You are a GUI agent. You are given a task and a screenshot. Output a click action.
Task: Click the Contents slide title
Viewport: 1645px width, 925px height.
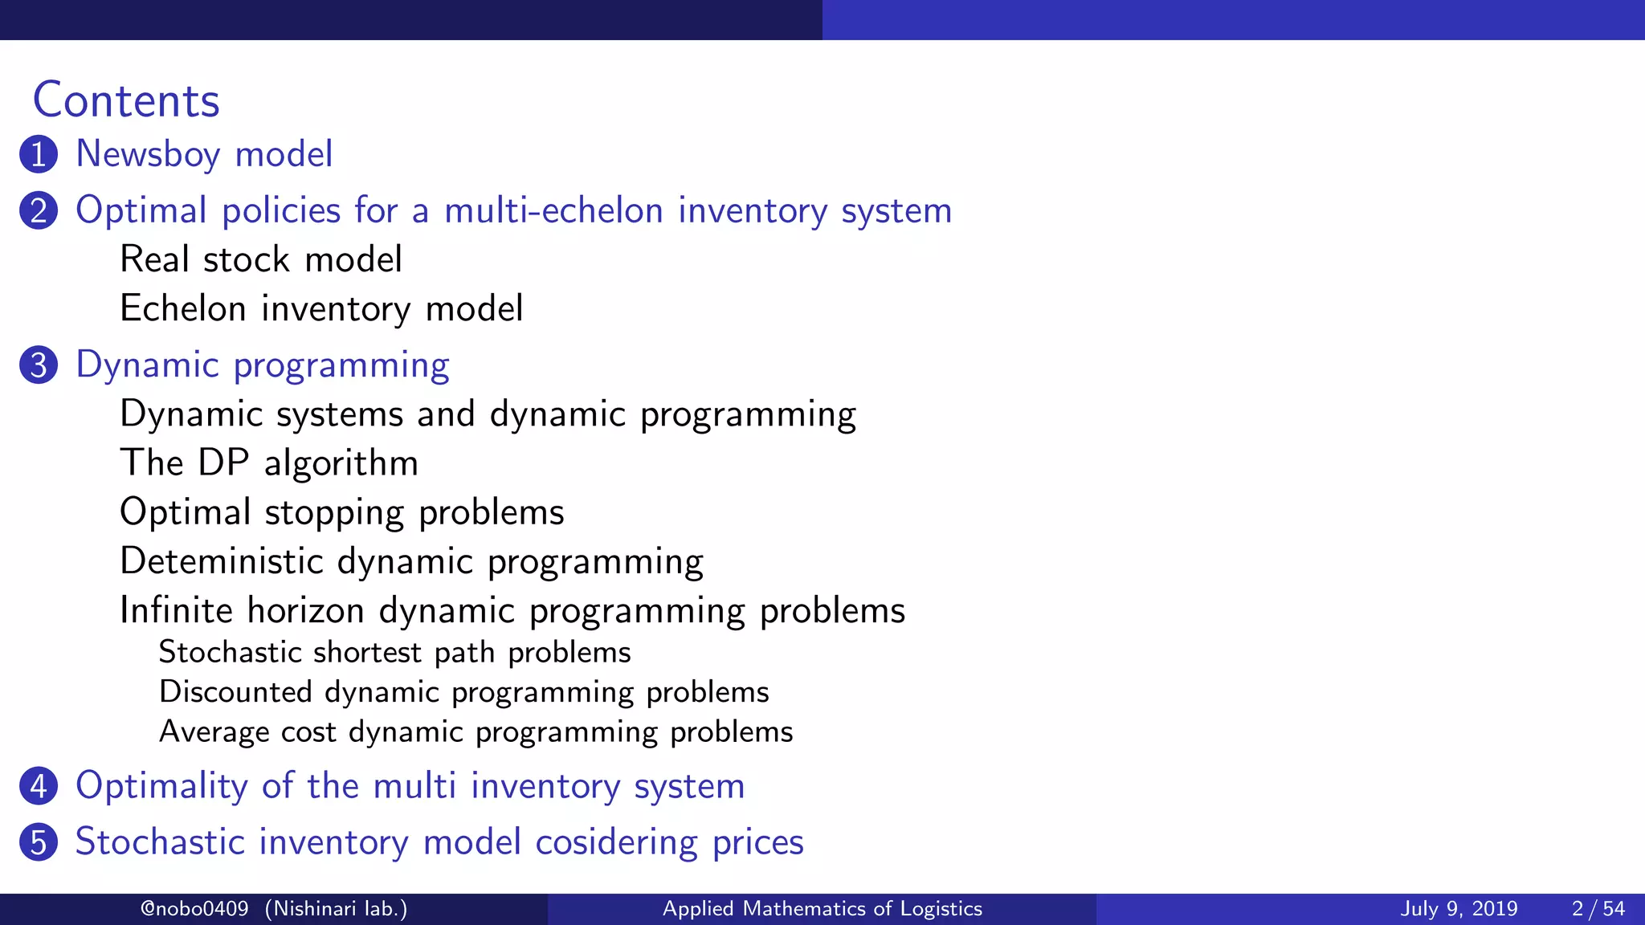(x=126, y=101)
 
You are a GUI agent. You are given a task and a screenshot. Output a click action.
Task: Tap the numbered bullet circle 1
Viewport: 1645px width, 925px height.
(x=39, y=154)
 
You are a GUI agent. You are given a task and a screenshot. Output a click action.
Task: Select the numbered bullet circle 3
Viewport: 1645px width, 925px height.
(x=39, y=365)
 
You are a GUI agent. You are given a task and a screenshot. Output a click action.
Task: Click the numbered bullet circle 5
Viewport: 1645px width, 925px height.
(x=39, y=842)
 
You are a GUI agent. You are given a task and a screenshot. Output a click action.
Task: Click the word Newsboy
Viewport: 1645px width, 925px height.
(x=148, y=154)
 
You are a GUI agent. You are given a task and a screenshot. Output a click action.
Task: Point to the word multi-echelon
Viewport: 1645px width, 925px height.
(x=554, y=210)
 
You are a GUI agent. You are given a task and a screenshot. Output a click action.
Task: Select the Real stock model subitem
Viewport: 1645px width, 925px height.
(x=261, y=259)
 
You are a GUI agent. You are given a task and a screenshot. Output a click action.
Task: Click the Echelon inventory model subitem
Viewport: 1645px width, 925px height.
(x=321, y=309)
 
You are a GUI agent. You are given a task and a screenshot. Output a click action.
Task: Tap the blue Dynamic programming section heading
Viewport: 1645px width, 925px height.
(x=263, y=365)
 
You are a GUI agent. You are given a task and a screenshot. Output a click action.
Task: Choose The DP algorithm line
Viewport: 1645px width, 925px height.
(x=269, y=463)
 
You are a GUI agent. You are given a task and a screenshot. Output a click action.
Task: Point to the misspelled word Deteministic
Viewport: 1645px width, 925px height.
(x=221, y=561)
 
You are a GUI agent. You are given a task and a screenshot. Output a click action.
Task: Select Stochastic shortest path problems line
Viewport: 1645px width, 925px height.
(x=394, y=652)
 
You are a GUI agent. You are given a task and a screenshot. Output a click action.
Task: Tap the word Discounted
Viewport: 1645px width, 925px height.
(x=235, y=692)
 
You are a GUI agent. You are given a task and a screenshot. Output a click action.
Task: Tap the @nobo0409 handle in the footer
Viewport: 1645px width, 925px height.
(x=194, y=909)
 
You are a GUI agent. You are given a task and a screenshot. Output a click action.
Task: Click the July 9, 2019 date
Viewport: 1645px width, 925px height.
(x=1459, y=909)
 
